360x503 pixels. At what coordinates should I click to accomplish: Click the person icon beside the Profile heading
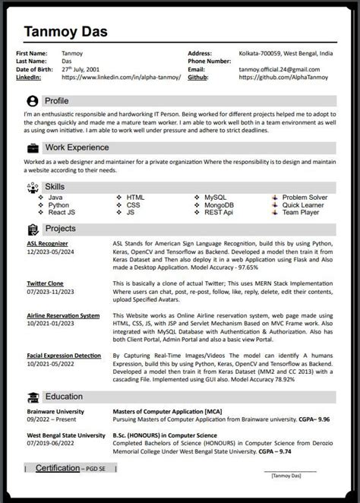tap(32, 100)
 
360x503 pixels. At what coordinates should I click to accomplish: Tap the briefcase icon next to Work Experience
tap(32, 147)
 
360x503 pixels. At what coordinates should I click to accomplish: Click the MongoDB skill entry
tap(219, 205)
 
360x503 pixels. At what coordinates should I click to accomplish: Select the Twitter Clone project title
tap(45, 283)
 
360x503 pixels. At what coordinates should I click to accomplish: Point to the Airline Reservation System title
tap(63, 315)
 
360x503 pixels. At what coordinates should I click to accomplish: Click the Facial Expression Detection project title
tap(63, 355)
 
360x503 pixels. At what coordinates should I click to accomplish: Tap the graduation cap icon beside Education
tap(33, 396)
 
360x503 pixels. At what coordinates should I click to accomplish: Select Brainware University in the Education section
tap(55, 411)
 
